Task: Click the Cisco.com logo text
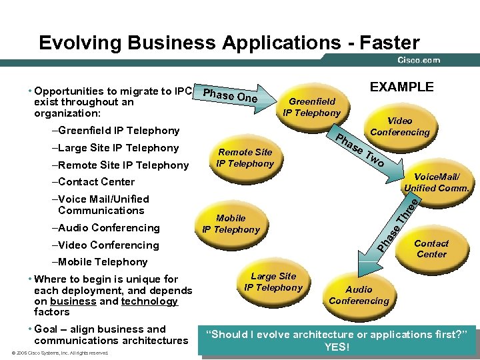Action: tap(419, 60)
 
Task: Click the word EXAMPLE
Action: tap(401, 87)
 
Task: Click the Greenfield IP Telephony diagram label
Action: tap(311, 107)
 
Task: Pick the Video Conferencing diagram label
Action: tap(400, 126)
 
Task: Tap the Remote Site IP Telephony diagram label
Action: tap(245, 157)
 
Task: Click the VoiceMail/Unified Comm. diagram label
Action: tap(437, 182)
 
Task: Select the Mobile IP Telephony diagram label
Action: tap(231, 224)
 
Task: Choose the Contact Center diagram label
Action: tap(431, 249)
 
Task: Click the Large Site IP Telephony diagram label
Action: tap(273, 282)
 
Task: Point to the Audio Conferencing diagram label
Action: tap(359, 295)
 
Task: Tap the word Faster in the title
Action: tap(389, 43)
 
